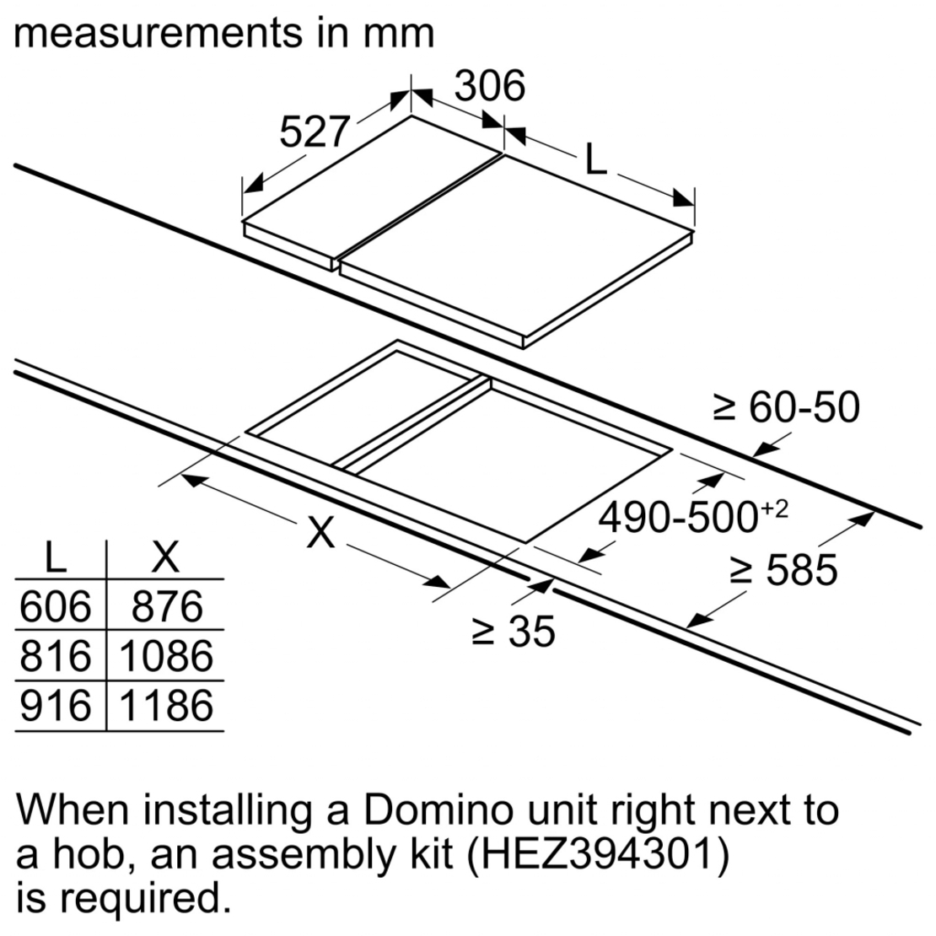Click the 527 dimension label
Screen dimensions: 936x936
click(314, 132)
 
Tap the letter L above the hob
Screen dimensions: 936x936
click(595, 160)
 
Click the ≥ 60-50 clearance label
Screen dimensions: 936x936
click(786, 407)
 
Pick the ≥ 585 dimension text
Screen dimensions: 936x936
click(783, 571)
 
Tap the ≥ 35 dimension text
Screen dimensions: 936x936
click(514, 632)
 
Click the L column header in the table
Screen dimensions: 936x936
click(56, 557)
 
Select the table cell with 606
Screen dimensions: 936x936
click(56, 606)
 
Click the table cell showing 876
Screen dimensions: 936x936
click(166, 606)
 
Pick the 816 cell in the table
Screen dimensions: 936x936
click(56, 656)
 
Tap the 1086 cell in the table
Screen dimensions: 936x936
click(166, 656)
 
